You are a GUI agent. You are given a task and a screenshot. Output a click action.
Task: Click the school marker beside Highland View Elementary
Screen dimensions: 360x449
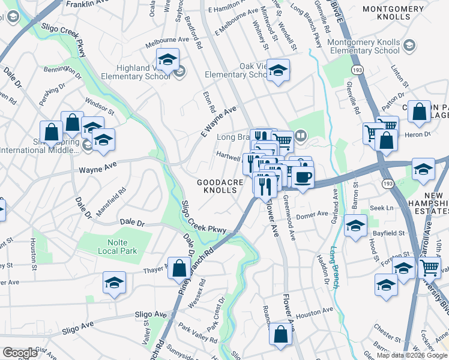click(x=167, y=59)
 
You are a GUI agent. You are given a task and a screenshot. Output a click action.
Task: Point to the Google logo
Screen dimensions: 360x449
click(x=20, y=353)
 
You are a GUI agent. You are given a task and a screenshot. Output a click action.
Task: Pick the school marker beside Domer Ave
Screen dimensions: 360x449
click(x=355, y=226)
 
